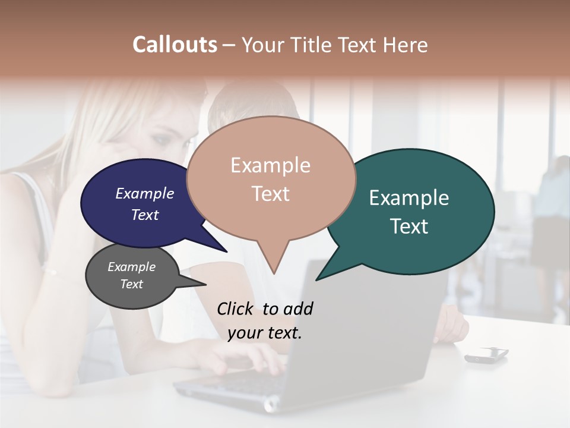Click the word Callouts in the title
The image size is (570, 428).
pos(175,45)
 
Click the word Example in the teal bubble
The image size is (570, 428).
pos(409,198)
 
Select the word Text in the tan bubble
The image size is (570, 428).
pos(271,194)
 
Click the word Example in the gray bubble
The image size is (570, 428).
pos(131,267)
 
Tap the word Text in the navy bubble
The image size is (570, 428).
pos(145,215)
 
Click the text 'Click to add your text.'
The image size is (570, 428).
pos(265,321)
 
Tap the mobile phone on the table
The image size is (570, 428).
pos(486,354)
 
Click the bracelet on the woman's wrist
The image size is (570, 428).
pos(50,271)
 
